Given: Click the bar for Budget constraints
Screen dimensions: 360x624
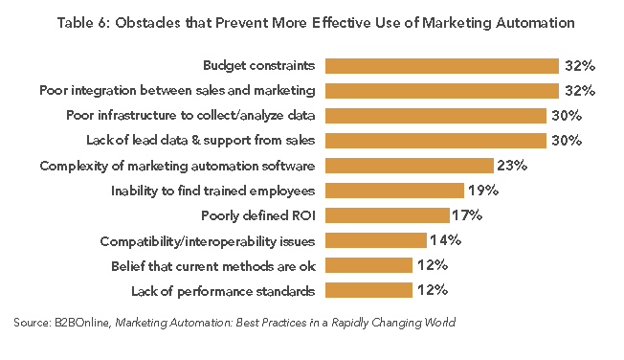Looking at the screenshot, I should pos(441,66).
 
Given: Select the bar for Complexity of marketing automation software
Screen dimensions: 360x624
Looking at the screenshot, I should pos(409,166).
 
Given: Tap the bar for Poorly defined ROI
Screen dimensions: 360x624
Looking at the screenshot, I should pos(387,214).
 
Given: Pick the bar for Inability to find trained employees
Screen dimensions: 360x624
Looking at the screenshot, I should pos(394,191).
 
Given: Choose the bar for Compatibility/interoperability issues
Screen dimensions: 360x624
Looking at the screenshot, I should pos(375,239).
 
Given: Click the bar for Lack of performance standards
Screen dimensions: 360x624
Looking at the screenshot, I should pos(368,289).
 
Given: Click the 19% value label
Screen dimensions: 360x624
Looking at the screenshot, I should pos(483,191).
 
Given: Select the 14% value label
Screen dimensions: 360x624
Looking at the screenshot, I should pos(446,239).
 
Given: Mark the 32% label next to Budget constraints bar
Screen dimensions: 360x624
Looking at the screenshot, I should pos(579,66).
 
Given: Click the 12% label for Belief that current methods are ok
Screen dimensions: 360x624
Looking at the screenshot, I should pos(432,264).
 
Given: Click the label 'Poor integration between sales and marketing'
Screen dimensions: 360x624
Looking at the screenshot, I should pos(178,91).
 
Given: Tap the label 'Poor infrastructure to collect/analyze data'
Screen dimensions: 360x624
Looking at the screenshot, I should pos(191,116).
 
